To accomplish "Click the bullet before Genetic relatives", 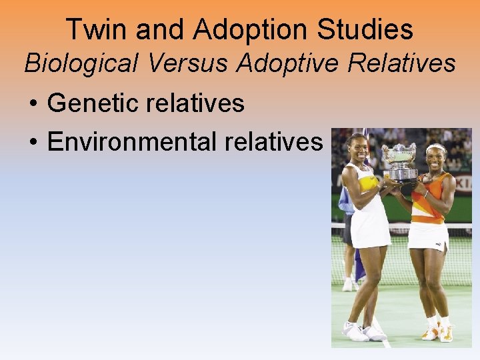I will click(x=33, y=104).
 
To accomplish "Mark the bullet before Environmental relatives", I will click(x=33, y=142).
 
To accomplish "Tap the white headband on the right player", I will click(x=436, y=148).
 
